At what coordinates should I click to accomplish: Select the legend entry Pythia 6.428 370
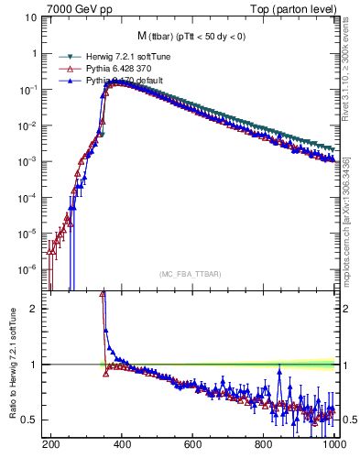pyautogui.click(x=115, y=69)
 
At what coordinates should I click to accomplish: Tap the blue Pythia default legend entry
pyautogui.click(x=118, y=80)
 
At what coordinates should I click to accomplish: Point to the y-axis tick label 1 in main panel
pyautogui.click(x=34, y=53)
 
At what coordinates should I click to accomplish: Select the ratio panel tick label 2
pyautogui.click(x=34, y=309)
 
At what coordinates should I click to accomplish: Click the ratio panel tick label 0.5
pyautogui.click(x=30, y=420)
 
